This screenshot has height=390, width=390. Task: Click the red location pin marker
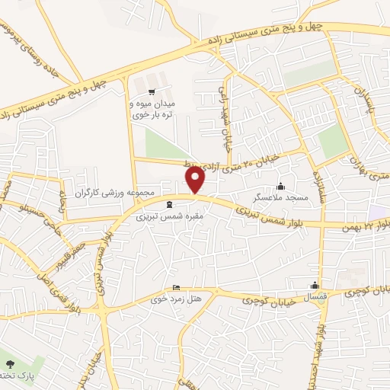[x=196, y=180]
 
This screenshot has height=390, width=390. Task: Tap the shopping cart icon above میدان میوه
[x=160, y=81]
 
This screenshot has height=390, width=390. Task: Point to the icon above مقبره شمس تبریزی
[x=169, y=203]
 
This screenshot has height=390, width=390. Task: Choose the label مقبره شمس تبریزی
[x=161, y=217]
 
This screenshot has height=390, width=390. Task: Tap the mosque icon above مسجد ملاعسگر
[x=281, y=186]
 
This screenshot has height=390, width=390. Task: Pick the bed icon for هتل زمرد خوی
[x=177, y=288]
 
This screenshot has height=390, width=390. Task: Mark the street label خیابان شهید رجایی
[x=226, y=108]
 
